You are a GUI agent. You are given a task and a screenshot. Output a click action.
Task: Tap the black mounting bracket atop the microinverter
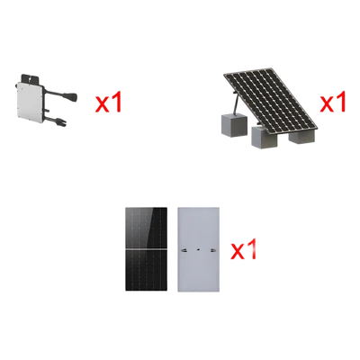[30, 79]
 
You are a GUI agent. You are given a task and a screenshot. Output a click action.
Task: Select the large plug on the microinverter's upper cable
[71, 96]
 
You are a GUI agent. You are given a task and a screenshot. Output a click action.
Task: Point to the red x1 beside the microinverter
[109, 102]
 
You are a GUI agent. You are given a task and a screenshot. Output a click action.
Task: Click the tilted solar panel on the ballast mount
[270, 98]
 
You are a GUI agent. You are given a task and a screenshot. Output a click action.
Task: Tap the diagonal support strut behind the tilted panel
[236, 103]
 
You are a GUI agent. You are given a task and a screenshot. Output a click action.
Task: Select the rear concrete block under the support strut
[234, 124]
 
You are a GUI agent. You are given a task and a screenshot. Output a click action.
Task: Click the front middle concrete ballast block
[263, 137]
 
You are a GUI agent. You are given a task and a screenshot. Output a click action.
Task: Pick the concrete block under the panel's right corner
[302, 135]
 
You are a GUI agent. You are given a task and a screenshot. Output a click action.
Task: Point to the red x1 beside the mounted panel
[333, 102]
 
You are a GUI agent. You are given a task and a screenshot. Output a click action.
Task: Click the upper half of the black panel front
[146, 228]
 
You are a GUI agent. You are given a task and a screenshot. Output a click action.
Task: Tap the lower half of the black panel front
[146, 270]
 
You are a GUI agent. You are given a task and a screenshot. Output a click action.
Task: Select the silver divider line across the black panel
[146, 249]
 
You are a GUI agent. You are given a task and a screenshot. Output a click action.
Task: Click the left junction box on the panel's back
[184, 249]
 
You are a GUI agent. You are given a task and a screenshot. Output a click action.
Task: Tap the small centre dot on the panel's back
[198, 249]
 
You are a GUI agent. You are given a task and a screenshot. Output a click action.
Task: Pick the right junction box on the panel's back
[213, 249]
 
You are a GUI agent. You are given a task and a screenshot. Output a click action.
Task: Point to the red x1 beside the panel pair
[243, 248]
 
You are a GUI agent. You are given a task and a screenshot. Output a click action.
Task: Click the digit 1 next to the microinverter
[117, 102]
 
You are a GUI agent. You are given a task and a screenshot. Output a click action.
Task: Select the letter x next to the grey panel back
[237, 252]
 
